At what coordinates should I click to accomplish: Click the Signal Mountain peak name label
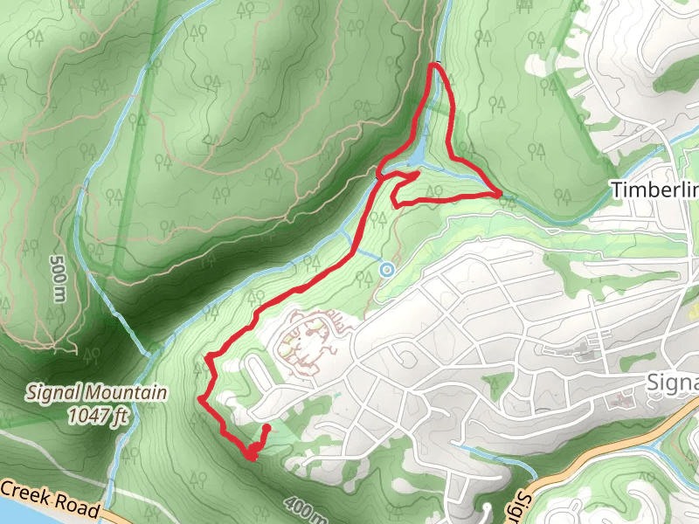(x=95, y=393)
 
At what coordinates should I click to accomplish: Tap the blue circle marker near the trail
(x=386, y=270)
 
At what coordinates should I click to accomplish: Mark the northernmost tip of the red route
(x=436, y=65)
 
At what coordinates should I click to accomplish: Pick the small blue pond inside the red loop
(x=419, y=155)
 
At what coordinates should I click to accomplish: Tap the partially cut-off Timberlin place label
(x=655, y=190)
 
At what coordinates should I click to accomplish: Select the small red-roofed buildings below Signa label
(x=625, y=402)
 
